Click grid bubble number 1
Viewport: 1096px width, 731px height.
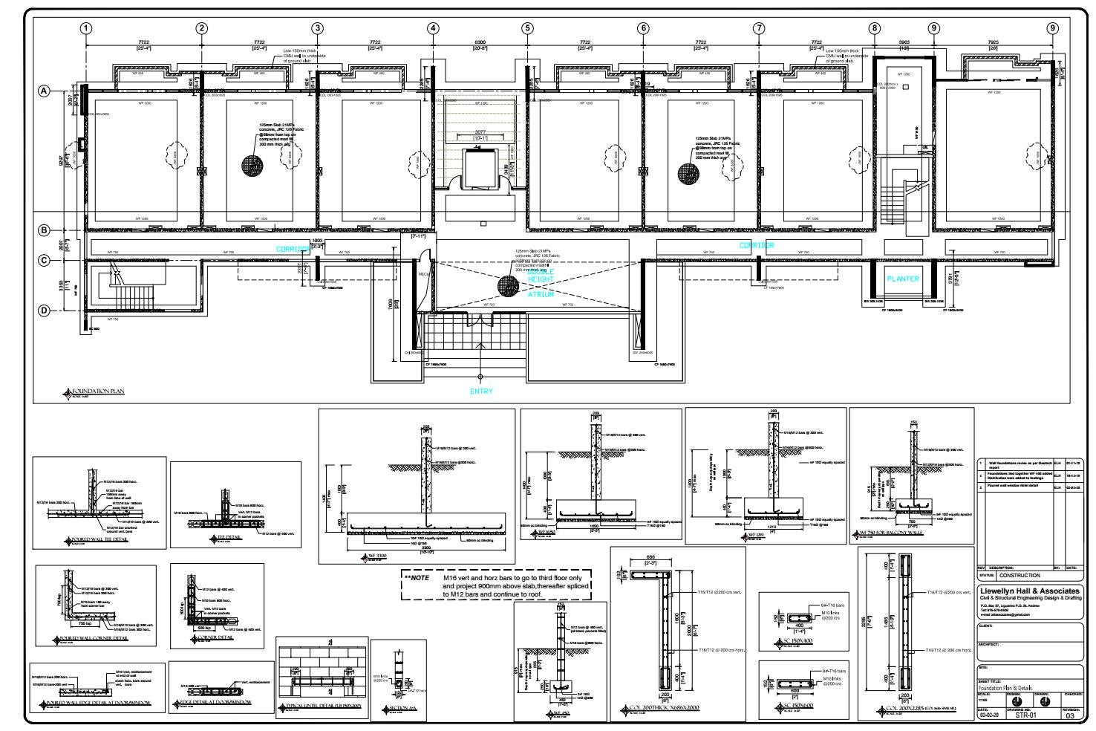tap(87, 28)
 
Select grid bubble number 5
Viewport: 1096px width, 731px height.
tap(527, 28)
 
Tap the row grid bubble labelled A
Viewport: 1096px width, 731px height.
tap(45, 91)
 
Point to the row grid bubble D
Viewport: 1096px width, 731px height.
tap(45, 311)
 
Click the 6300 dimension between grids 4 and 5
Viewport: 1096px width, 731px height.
tap(480, 42)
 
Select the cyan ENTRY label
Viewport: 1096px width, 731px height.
tap(480, 391)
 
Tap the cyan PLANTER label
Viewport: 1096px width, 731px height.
tap(902, 279)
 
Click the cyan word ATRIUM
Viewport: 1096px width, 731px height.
tap(541, 294)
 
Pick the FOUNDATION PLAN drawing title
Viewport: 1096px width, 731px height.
tap(97, 389)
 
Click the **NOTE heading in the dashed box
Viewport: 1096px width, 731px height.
tap(416, 577)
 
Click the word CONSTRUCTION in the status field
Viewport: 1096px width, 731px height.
tap(1020, 575)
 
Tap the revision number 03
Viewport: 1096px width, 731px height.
tap(1069, 716)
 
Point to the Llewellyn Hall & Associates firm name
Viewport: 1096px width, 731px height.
tap(1030, 591)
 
